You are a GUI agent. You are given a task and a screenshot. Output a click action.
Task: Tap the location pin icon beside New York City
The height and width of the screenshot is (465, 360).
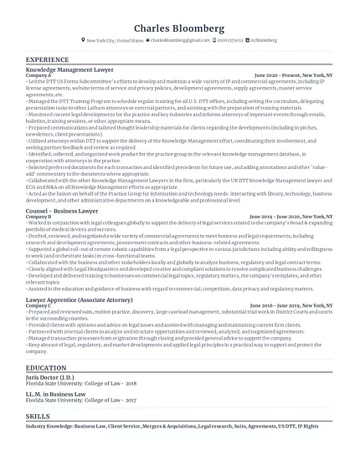point(83,40)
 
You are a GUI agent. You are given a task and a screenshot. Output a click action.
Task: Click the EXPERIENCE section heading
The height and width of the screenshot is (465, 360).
point(48,60)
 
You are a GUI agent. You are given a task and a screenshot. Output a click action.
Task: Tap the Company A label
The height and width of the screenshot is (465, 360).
point(39,75)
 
